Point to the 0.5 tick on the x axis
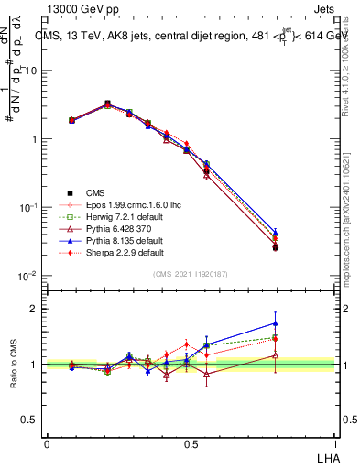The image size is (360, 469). point(191,443)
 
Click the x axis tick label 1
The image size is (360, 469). point(334,443)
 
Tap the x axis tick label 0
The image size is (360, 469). point(47,443)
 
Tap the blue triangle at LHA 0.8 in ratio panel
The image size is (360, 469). point(301,323)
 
